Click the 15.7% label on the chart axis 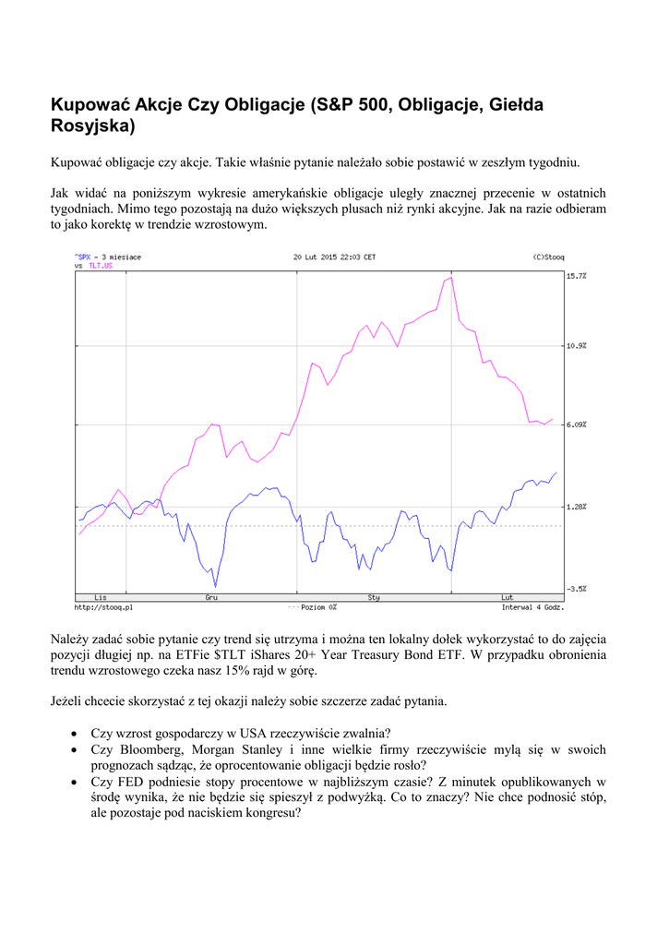click(577, 275)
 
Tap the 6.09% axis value click(577, 425)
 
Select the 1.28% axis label click(577, 507)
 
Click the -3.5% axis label click(577, 588)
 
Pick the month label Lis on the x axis click(88, 598)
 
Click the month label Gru click(211, 598)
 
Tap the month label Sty click(374, 598)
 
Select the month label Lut click(507, 598)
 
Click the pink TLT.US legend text click(102, 266)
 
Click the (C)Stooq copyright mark click(548, 257)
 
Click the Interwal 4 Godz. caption click(532, 607)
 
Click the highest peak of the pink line click(450, 277)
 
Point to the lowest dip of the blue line click(216, 585)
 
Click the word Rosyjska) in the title click(93, 125)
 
